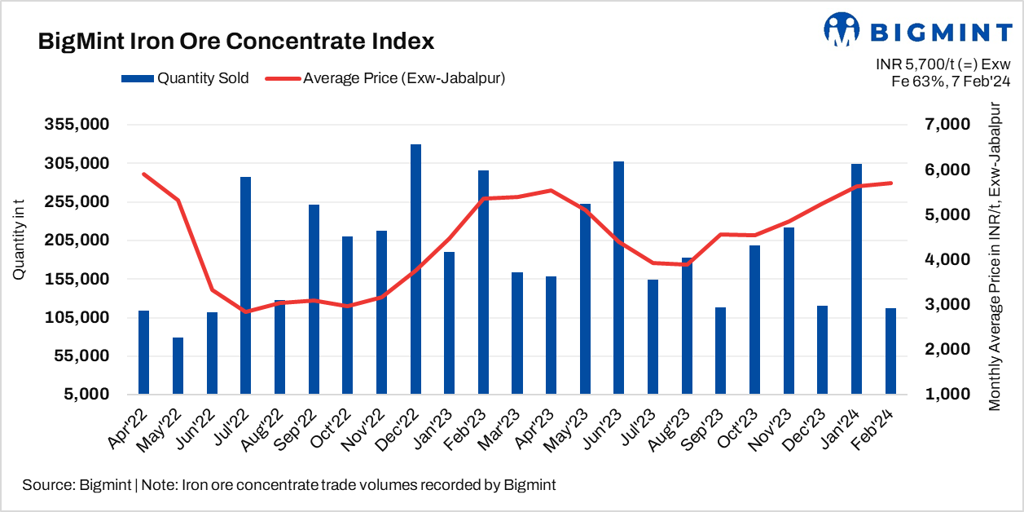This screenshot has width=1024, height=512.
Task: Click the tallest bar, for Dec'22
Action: pos(415,269)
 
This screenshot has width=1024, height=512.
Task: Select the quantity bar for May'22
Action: pos(178,365)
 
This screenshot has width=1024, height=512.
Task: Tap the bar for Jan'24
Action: pos(856,279)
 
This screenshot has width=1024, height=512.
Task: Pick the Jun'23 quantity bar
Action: pos(619,277)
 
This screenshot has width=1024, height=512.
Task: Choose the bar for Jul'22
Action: pos(245,285)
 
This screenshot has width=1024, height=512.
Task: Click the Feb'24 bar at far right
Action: pos(890,351)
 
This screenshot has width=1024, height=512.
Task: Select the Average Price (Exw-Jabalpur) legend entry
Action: pos(391,78)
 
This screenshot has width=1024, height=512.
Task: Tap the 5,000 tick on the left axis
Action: pos(88,395)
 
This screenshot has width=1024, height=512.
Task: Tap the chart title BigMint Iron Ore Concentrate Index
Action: pos(236,41)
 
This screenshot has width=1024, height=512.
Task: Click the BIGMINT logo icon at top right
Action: pos(842,29)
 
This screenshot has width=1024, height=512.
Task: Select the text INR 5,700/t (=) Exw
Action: pos(943,64)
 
